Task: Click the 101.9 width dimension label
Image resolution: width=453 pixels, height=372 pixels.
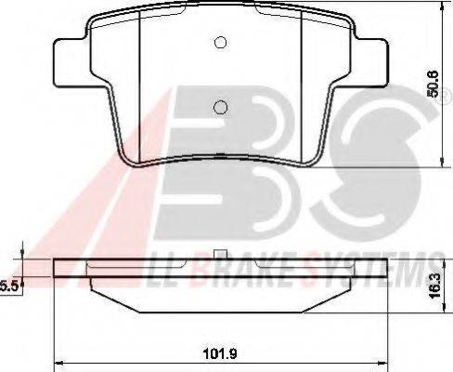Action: coord(220,353)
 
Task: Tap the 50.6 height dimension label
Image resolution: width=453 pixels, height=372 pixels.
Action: coord(433,84)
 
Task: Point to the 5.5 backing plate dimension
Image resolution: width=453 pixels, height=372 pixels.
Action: coord(8,286)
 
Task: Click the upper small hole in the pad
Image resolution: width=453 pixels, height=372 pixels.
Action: coord(220,43)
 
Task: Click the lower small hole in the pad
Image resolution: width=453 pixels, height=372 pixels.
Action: coord(220,107)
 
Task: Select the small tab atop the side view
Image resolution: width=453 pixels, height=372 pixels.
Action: coord(220,254)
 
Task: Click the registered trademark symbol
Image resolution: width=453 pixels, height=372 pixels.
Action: coord(446,100)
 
